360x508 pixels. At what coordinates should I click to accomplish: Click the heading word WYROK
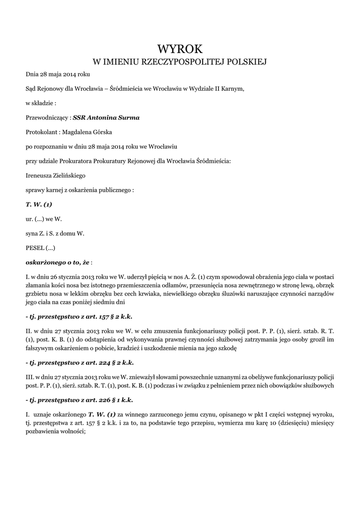[180, 49]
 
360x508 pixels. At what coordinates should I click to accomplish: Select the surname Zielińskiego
[73, 176]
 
